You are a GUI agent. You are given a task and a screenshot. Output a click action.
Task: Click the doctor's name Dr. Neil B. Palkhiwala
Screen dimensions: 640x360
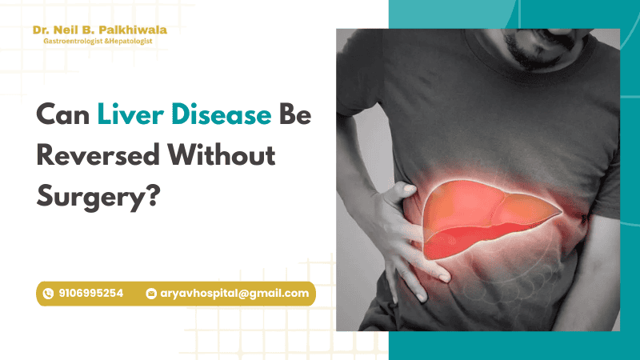point(99,30)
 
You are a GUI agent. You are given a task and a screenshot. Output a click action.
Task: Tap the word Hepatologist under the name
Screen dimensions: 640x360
point(130,42)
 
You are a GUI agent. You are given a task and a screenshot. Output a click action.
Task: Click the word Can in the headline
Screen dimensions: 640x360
point(63,114)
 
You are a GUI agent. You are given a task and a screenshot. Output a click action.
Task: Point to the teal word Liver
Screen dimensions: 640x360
point(130,114)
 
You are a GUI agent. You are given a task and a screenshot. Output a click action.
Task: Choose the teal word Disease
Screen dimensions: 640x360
point(222,114)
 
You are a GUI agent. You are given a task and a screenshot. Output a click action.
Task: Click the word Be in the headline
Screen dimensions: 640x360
point(295,114)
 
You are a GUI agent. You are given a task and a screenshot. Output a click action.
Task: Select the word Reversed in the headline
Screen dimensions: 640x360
point(98,155)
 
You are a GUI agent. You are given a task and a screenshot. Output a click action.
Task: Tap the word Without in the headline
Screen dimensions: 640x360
point(222,155)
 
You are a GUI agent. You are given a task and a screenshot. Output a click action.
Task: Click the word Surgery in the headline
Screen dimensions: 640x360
point(90,198)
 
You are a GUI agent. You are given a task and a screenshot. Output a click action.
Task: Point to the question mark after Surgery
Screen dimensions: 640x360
point(153,195)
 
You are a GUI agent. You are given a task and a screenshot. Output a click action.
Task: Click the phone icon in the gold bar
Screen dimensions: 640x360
point(48,294)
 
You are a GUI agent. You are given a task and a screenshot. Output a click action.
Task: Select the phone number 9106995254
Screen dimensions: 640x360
point(90,294)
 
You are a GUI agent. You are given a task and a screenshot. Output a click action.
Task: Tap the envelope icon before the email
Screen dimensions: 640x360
point(151,294)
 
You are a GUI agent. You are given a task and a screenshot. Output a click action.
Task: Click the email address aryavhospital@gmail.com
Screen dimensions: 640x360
point(234,294)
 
